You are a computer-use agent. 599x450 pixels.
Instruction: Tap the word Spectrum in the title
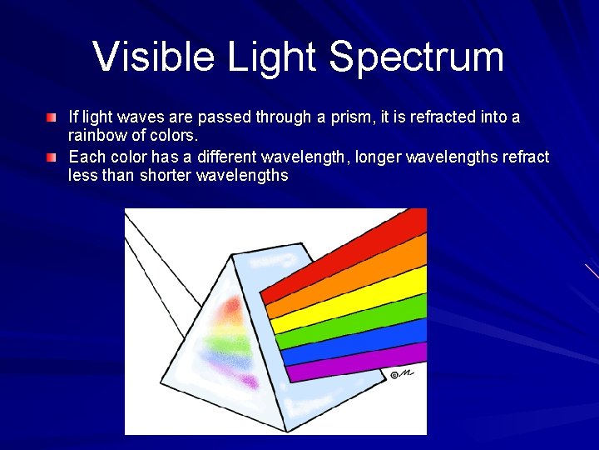(416, 57)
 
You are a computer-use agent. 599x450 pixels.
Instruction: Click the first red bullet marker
(52, 117)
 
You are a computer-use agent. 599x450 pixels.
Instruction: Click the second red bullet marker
(52, 157)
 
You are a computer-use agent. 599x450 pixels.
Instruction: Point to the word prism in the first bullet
(325, 117)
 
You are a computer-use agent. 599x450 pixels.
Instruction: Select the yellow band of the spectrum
(354, 303)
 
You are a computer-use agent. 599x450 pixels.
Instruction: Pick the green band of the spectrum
(354, 327)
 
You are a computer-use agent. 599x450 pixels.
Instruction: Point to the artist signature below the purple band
(402, 374)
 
